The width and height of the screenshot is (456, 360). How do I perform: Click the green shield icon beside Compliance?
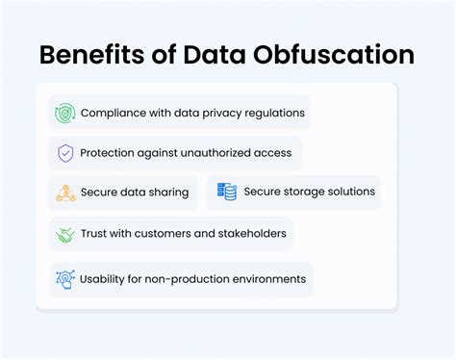point(65,113)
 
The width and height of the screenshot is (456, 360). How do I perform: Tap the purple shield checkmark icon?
point(65,152)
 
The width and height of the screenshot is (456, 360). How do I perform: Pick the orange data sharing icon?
point(65,193)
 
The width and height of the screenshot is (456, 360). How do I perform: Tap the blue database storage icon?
point(227,192)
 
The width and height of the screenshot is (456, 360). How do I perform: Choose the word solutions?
point(349,192)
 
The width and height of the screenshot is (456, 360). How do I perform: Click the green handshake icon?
point(65,234)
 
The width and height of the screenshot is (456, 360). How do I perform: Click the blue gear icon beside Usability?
point(65,279)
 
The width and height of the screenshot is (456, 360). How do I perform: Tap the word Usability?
point(107,279)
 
